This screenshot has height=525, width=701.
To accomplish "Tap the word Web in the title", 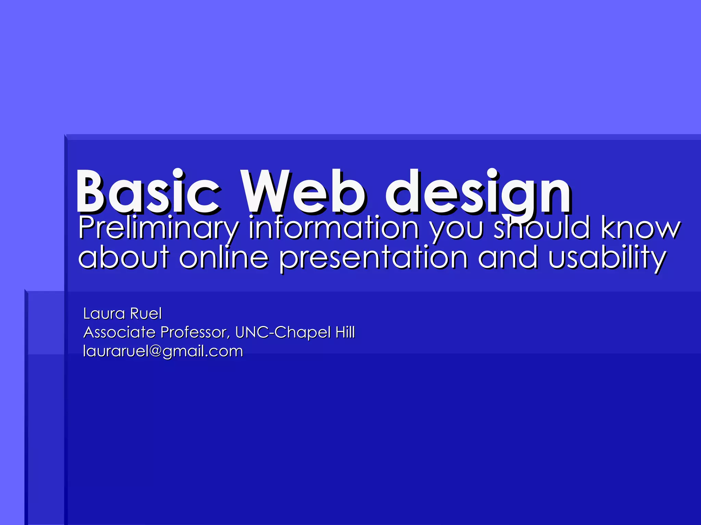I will (303, 191).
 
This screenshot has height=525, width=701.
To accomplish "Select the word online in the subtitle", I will (224, 257).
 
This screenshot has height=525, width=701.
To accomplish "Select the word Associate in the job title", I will (119, 332).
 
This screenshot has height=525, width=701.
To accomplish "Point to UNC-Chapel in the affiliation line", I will (283, 332).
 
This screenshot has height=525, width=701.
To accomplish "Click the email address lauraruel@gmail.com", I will (163, 351).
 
